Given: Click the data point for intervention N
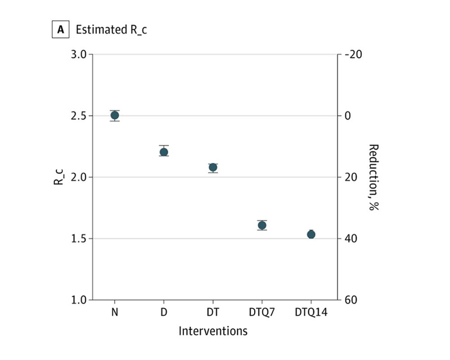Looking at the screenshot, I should pos(115,115).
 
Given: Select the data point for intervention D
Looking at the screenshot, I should pos(164,152).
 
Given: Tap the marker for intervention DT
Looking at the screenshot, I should pos(213,167).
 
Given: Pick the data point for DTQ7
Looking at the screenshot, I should pos(262,225).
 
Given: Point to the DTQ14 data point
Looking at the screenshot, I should pos(311,234).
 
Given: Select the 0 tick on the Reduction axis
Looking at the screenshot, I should pos(347,116).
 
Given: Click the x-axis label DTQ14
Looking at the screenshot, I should pos(311,312).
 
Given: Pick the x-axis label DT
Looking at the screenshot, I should pos(213,312).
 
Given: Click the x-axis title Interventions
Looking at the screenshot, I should pos(213,331).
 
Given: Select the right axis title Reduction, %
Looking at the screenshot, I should pos(373,177).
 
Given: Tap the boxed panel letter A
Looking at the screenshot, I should pos(61,30).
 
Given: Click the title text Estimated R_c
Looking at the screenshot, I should pos(111,30).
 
